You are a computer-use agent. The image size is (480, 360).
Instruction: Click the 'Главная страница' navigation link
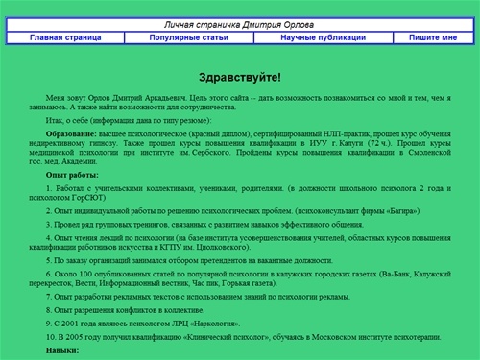coord(65,37)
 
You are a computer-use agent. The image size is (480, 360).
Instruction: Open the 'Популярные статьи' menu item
coord(189,37)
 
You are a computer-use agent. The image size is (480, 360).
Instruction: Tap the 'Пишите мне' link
coord(434,37)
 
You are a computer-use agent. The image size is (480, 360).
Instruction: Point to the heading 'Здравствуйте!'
coord(239,75)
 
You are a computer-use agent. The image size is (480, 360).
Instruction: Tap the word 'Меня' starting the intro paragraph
coord(56,98)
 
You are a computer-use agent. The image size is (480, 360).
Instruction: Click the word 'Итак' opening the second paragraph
coord(55,122)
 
